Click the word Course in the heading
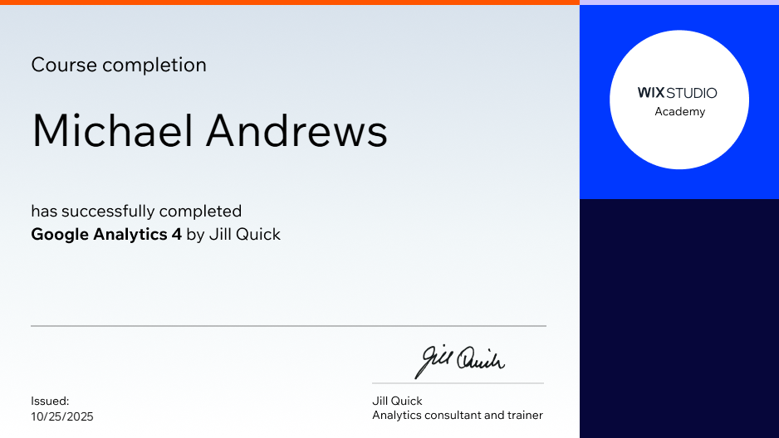[x=63, y=65]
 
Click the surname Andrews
[x=296, y=131]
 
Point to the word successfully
[x=107, y=212]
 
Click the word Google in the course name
[x=60, y=235]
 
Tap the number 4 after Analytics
[x=176, y=235]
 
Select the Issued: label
[x=50, y=401]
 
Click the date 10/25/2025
[x=62, y=416]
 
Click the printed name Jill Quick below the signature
[x=397, y=401]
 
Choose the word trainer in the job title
[x=525, y=415]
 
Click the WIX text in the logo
[x=650, y=93]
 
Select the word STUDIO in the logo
[x=692, y=93]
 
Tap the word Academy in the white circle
[x=679, y=112]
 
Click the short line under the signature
[x=458, y=383]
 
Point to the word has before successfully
[x=44, y=212]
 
